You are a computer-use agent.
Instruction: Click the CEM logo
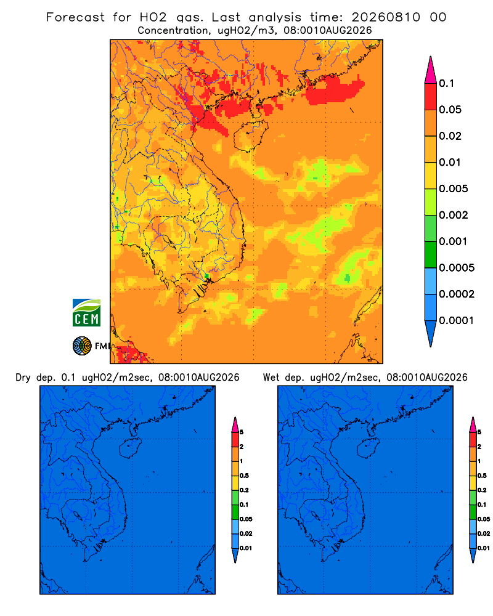pos(86,313)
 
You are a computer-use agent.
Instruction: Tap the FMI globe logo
pos(82,346)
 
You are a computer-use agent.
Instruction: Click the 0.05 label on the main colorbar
pos(450,110)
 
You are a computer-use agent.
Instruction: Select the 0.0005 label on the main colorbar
pos(457,268)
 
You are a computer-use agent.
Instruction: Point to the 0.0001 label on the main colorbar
pos(457,320)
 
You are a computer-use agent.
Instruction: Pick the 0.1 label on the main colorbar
pos(447,83)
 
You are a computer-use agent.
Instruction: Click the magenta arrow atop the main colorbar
pos(431,70)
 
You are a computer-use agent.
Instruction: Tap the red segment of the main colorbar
pos(431,97)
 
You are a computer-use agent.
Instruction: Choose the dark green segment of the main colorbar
pos(431,254)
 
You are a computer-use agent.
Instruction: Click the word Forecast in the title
pos(75,17)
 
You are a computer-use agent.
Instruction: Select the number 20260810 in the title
pos(386,17)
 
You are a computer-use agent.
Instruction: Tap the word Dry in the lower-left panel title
pos(23,378)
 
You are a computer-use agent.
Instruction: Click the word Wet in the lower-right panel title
pos(271,378)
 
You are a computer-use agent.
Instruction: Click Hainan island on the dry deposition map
pos(130,448)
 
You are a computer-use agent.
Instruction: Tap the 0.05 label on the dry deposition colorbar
pos(246,519)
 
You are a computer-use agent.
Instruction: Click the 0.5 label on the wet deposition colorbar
pos(482,476)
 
